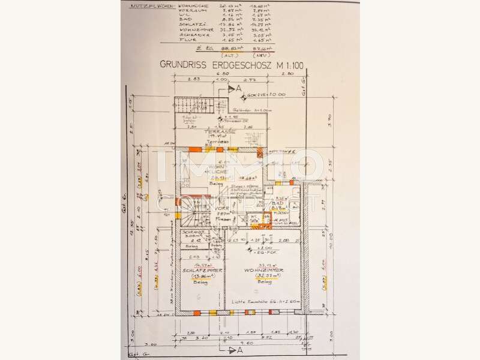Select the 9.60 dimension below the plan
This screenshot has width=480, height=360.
click(x=240, y=345)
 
